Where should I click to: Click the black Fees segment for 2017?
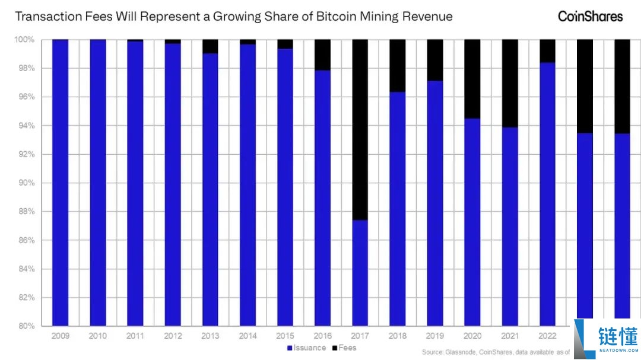pos(360,129)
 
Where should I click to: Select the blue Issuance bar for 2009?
pos(61,183)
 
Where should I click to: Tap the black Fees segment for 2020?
pos(472,79)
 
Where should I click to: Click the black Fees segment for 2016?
pos(322,55)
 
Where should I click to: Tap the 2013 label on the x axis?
pos(210,336)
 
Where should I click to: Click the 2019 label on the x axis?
pos(434,336)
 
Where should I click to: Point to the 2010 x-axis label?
pos(98,336)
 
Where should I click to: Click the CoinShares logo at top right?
pos(590,16)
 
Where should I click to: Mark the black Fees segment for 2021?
pos(509,83)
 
